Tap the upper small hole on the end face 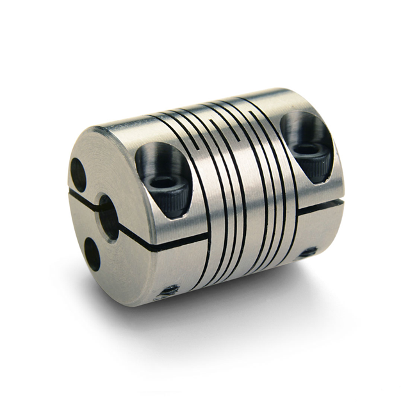pyautogui.click(x=78, y=174)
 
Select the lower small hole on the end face pyautogui.click(x=92, y=254)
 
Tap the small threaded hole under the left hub pyautogui.click(x=170, y=291)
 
